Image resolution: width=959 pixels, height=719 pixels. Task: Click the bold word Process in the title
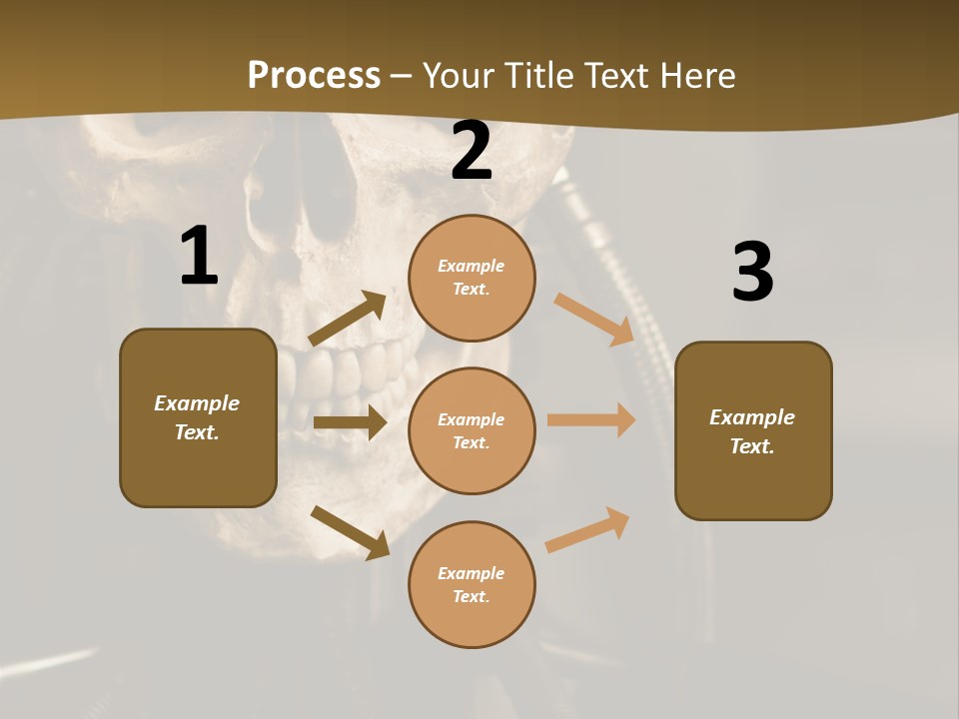[314, 76]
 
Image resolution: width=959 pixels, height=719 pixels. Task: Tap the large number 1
[199, 257]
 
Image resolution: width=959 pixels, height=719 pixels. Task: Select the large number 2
[472, 151]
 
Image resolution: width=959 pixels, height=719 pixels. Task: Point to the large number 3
[752, 272]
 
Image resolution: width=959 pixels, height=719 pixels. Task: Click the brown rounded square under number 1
[198, 417]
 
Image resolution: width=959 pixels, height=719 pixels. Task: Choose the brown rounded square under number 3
[753, 431]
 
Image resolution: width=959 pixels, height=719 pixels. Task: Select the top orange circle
[472, 278]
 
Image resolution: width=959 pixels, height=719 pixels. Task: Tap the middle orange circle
[472, 430]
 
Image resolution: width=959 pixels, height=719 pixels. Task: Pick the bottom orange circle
[472, 584]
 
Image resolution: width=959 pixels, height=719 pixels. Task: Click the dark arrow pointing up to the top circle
[348, 319]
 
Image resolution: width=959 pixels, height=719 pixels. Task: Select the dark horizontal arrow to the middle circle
[350, 422]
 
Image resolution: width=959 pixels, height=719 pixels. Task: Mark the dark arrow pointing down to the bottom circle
[350, 532]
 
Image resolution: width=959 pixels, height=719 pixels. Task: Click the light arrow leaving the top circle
[594, 319]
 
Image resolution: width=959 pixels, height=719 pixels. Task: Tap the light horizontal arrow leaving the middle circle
[591, 419]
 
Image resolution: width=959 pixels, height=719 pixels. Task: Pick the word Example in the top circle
[472, 266]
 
